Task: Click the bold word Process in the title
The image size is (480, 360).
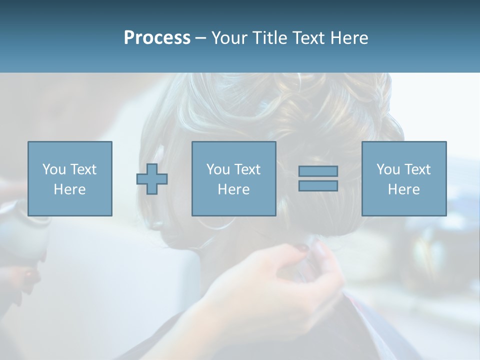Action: tap(157, 38)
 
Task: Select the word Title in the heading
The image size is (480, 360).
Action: tap(269, 38)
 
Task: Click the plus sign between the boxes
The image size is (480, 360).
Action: tap(152, 179)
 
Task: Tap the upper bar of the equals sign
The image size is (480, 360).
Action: tap(318, 171)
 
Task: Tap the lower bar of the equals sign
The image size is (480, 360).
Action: tap(318, 185)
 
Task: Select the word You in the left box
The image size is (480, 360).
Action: tap(54, 169)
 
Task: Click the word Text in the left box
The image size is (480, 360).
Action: tap(82, 169)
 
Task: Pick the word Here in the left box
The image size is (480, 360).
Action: tap(69, 189)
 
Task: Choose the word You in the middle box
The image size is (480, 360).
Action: tap(218, 169)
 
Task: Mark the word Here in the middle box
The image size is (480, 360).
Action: tap(233, 189)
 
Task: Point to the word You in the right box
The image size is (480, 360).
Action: tap(388, 169)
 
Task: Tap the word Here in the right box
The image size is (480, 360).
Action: tap(403, 189)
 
